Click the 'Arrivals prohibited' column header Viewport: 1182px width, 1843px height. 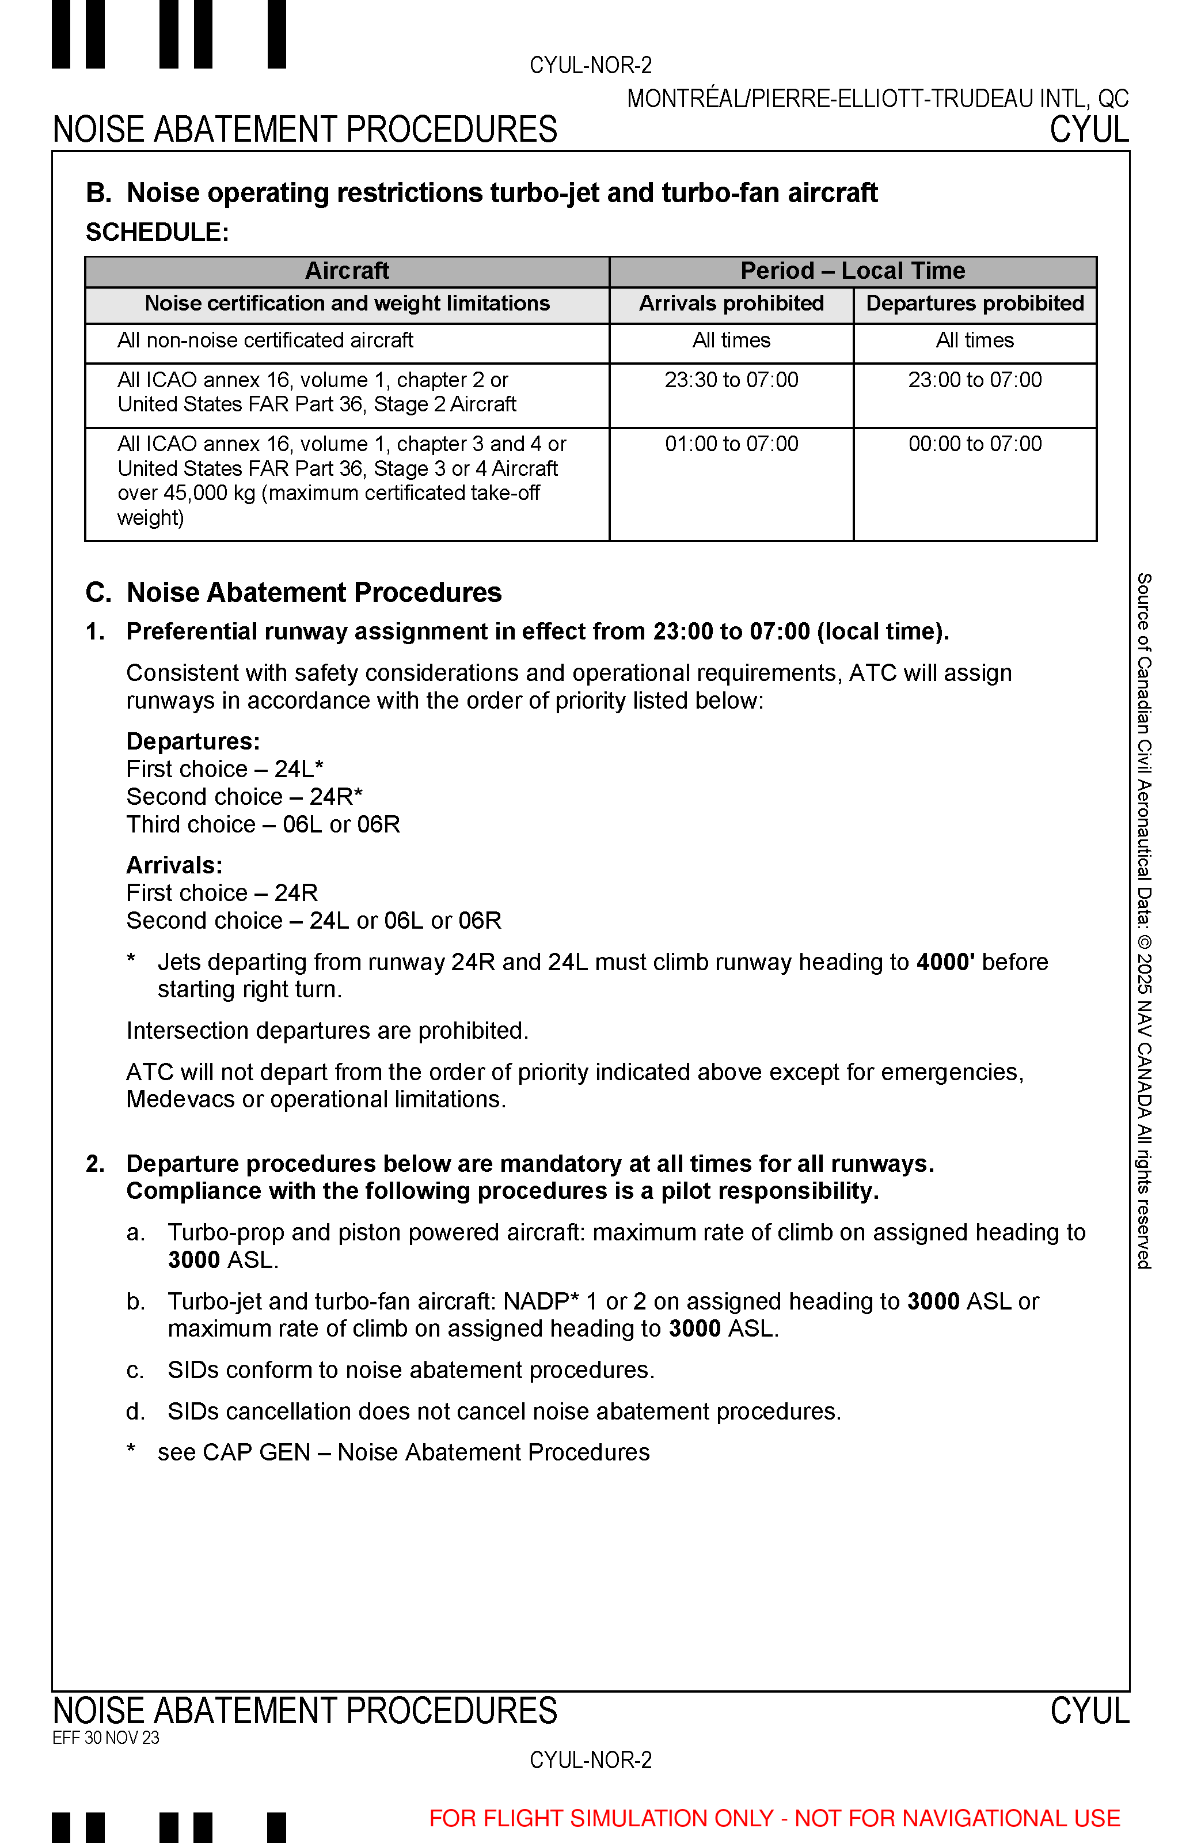pyautogui.click(x=731, y=304)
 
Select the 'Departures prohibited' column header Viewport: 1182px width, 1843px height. pyautogui.click(x=975, y=304)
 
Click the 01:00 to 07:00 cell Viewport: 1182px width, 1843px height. pyautogui.click(x=731, y=444)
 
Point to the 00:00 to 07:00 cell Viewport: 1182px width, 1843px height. pyautogui.click(x=975, y=444)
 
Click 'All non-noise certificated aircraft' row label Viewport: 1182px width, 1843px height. pyautogui.click(x=265, y=340)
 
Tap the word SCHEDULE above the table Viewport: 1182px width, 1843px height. pyautogui.click(x=157, y=232)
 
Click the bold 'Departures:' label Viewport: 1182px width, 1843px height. pyautogui.click(x=193, y=741)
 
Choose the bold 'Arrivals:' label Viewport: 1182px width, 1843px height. pyautogui.click(x=174, y=865)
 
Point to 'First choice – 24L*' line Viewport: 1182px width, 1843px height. pyautogui.click(x=225, y=769)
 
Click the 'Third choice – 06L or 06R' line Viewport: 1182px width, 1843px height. pyautogui.click(x=263, y=824)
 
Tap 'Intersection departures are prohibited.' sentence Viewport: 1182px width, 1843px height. pyautogui.click(x=328, y=1031)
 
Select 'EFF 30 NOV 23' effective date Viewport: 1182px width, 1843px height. pyautogui.click(x=106, y=1738)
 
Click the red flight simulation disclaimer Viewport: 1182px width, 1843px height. pyautogui.click(x=774, y=1818)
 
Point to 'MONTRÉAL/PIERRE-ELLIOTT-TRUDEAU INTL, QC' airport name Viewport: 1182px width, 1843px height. pyautogui.click(x=877, y=99)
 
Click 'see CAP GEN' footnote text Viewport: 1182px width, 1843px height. pyautogui.click(x=403, y=1452)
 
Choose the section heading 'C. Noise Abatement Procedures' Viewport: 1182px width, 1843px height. pyautogui.click(x=293, y=593)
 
